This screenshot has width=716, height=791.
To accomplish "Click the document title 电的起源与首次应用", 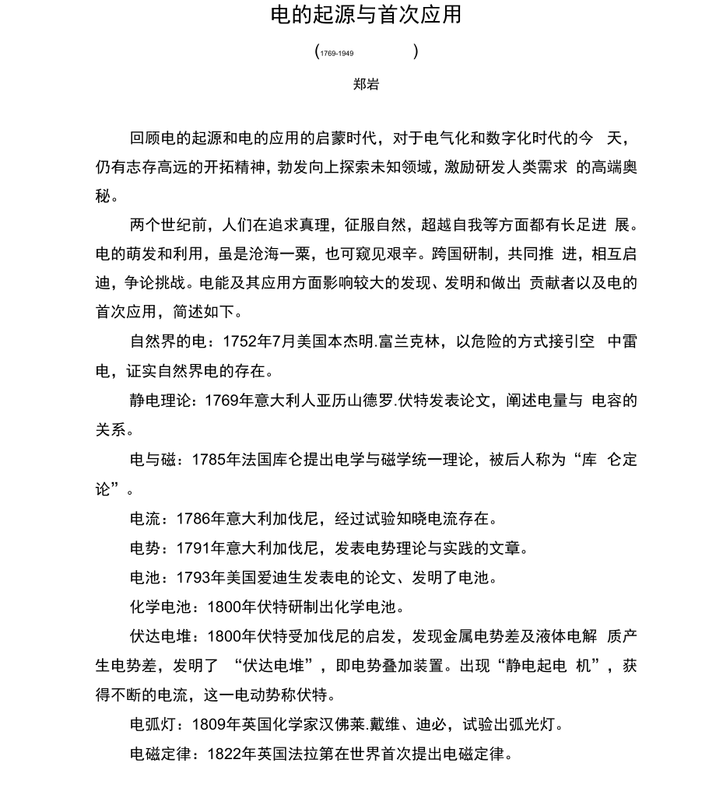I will [366, 15].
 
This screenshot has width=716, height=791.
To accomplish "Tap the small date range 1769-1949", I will [337, 54].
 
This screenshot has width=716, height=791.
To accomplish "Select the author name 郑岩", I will [366, 84].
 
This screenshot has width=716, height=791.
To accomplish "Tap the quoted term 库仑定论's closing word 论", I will [104, 489].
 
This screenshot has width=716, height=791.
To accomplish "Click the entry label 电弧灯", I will [153, 725].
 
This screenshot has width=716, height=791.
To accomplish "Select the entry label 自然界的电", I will [168, 341].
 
